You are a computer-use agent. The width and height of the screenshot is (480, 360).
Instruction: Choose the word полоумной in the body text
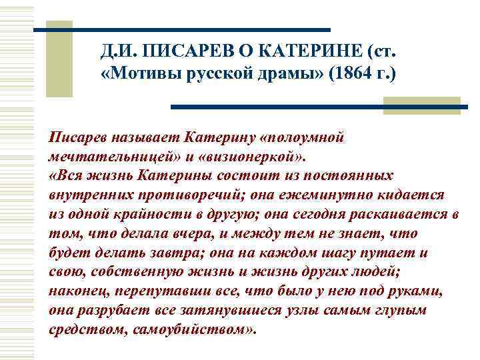(x=309, y=137)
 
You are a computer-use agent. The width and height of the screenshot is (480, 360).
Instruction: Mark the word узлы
(x=283, y=311)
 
